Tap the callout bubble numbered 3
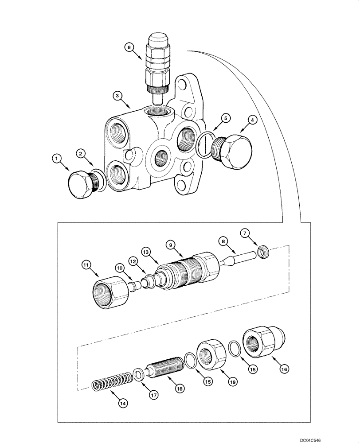click(x=117, y=95)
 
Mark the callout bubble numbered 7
click(x=245, y=233)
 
